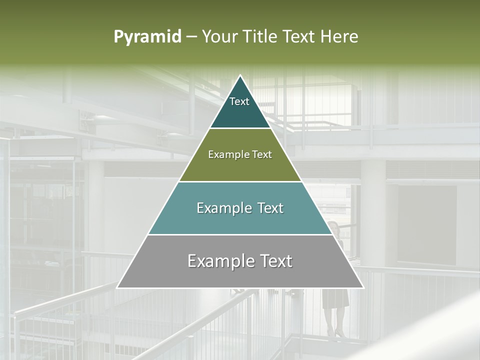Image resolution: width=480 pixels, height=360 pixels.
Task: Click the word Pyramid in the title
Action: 147,37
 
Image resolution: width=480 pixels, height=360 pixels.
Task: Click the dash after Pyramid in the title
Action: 191,37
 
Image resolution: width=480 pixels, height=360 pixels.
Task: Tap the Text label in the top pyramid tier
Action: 239,102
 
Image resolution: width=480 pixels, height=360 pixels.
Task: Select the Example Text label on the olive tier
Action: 240,155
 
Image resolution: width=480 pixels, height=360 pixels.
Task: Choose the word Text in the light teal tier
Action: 270,208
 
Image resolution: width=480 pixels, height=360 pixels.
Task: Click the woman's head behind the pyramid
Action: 333,227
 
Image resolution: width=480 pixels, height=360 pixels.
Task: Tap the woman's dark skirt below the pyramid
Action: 335,298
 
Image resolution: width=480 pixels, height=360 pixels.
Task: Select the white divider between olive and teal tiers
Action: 240,181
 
